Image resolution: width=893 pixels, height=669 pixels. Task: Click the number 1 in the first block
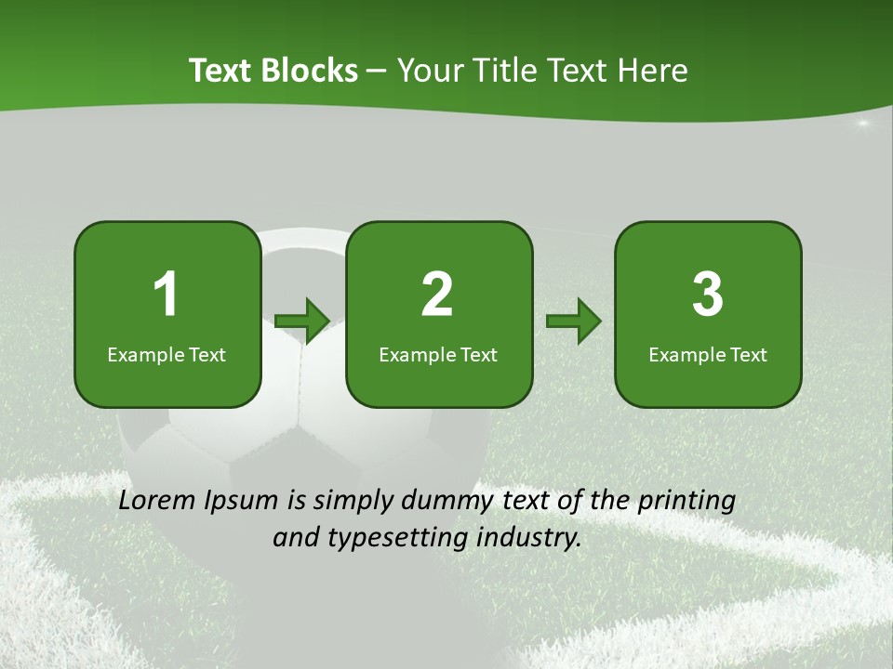[x=166, y=295]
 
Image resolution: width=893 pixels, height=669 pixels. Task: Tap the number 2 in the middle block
[x=437, y=295]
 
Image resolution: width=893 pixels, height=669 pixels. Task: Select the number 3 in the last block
[x=708, y=295]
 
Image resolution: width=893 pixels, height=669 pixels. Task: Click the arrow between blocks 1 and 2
[x=303, y=321]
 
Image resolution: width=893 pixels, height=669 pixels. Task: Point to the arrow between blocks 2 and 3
[x=574, y=321]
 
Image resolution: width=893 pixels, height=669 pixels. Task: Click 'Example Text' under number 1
[x=167, y=354]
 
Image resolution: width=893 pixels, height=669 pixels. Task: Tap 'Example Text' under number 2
[x=438, y=354]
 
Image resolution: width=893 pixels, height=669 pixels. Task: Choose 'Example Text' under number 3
[x=708, y=354]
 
